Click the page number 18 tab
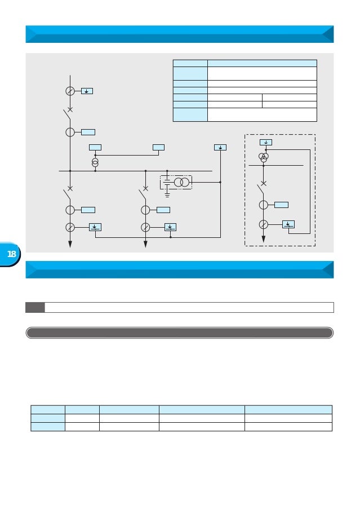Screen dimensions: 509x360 [10, 254]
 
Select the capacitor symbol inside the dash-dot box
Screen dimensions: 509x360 [167, 183]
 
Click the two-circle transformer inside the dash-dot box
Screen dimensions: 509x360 [181, 183]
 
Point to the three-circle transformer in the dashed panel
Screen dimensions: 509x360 [263, 157]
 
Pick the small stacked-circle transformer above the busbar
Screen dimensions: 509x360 [95, 163]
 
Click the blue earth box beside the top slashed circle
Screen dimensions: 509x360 [87, 91]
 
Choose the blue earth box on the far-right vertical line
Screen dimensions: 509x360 [220, 148]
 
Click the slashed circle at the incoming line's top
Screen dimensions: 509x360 [70, 91]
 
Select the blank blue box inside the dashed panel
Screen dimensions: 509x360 [281, 205]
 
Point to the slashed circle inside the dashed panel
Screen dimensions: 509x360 [263, 224]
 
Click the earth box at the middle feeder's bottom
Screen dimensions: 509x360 [170, 227]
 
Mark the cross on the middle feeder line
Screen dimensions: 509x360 [145, 188]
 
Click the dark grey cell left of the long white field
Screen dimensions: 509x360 [35, 307]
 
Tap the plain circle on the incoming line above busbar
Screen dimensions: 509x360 [70, 132]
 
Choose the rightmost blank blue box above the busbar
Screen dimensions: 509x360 [158, 148]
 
